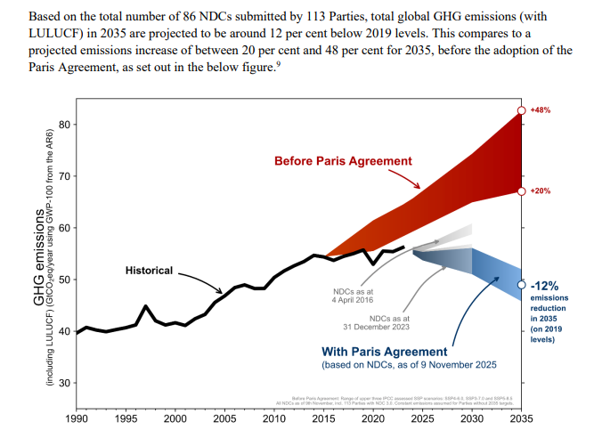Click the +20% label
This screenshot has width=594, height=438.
[541, 191]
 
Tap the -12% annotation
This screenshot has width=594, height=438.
[544, 286]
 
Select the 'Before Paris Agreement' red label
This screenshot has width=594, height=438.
[343, 161]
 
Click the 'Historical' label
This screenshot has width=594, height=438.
[149, 270]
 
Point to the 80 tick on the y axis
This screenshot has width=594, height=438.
[64, 124]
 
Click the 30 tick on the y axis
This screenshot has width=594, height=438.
[64, 383]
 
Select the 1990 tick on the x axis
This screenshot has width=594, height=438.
[77, 417]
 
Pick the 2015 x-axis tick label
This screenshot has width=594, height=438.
[323, 417]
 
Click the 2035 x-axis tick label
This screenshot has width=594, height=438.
[521, 417]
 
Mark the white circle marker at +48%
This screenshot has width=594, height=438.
[521, 110]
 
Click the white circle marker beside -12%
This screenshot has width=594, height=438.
[521, 285]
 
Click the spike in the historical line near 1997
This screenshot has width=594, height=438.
[145, 306]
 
